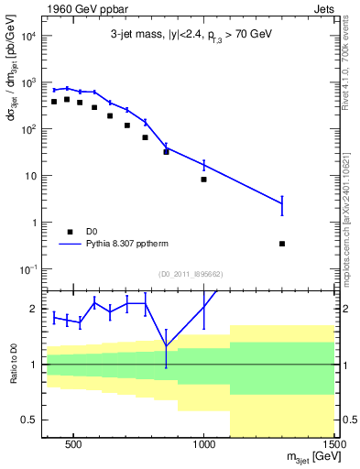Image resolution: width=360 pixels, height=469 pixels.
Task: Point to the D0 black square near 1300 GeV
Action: click(282, 244)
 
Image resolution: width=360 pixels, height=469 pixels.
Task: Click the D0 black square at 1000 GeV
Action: click(203, 180)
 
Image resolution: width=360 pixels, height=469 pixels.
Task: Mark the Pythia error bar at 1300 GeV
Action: click(282, 204)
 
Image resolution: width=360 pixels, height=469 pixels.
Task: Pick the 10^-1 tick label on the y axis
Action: click(27, 268)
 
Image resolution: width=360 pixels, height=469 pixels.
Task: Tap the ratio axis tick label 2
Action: click(33, 309)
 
